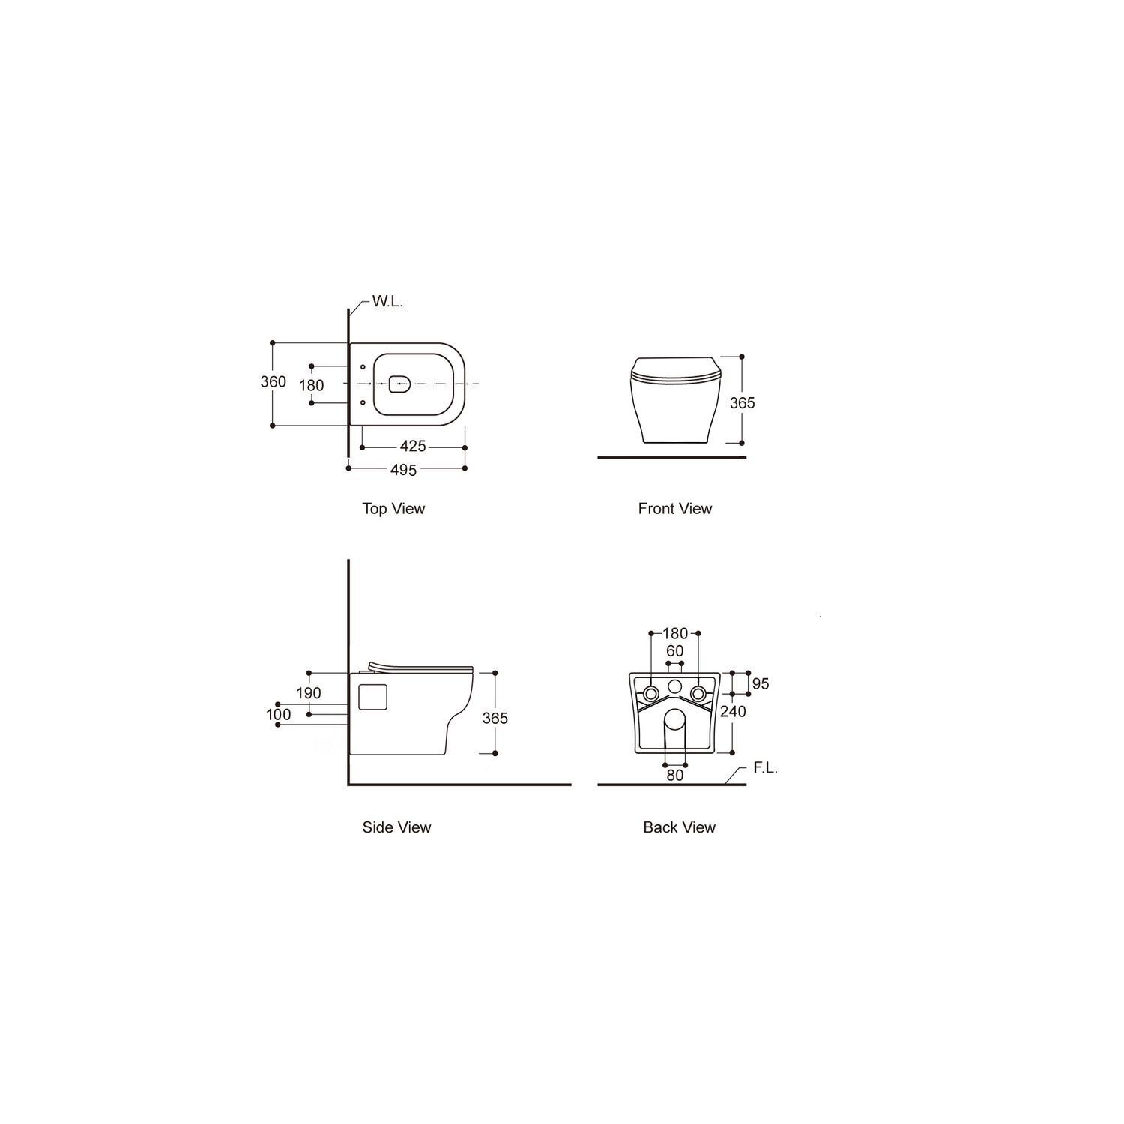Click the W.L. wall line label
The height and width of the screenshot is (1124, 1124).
click(387, 302)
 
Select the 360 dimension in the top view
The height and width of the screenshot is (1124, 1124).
click(273, 381)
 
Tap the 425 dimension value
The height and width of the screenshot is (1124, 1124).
click(412, 447)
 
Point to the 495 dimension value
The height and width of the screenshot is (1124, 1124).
click(403, 470)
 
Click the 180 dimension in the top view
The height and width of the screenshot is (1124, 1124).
click(312, 385)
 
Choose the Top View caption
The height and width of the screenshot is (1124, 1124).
click(393, 509)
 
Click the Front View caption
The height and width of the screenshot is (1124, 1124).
click(675, 509)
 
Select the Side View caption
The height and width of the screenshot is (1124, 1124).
click(396, 827)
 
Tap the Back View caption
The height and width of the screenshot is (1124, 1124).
click(679, 827)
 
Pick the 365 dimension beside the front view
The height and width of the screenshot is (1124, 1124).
click(743, 403)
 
